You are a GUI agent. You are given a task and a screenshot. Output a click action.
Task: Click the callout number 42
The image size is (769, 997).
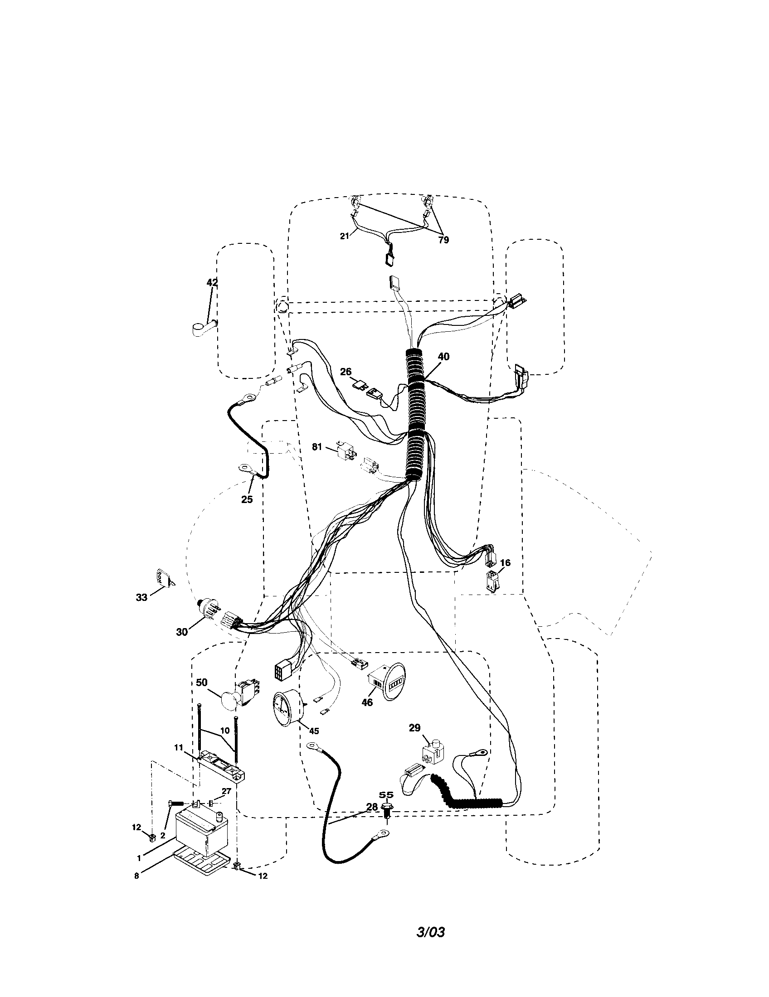[212, 283]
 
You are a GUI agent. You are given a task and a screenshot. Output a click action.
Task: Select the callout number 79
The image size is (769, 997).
[443, 240]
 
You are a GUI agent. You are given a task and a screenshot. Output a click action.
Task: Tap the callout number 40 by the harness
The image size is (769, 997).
[443, 357]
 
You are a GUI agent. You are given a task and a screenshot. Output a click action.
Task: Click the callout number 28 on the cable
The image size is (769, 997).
[372, 807]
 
